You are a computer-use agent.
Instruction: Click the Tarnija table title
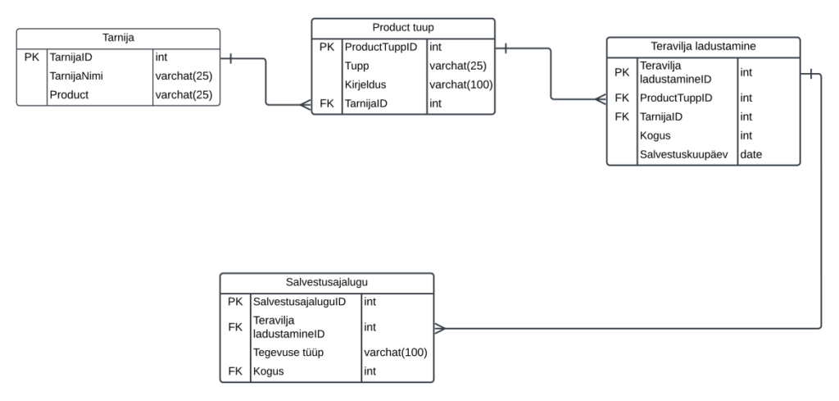click(119, 38)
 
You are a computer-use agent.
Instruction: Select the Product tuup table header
click(402, 28)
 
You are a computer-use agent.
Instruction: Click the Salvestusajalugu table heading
click(326, 283)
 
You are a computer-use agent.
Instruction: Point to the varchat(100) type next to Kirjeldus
click(460, 85)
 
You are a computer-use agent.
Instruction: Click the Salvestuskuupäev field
click(686, 154)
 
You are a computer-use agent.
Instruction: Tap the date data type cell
click(751, 154)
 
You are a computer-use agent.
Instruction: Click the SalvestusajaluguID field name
click(300, 302)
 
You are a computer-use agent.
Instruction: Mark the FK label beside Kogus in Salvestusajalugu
click(235, 371)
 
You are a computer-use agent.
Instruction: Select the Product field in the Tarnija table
click(69, 95)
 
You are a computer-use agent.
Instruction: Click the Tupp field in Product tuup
click(356, 66)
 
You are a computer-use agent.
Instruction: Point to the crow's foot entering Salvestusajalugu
click(439, 329)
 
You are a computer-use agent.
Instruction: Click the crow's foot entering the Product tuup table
click(305, 104)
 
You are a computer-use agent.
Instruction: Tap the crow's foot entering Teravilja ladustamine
click(600, 99)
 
